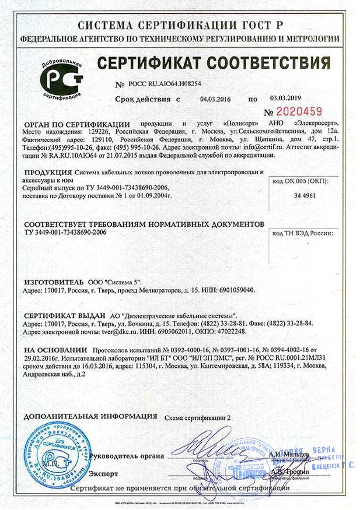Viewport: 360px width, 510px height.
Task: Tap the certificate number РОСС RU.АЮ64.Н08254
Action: click(164, 84)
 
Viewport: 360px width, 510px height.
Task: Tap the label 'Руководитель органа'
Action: click(127, 457)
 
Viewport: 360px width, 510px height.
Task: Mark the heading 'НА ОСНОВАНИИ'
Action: click(56, 350)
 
